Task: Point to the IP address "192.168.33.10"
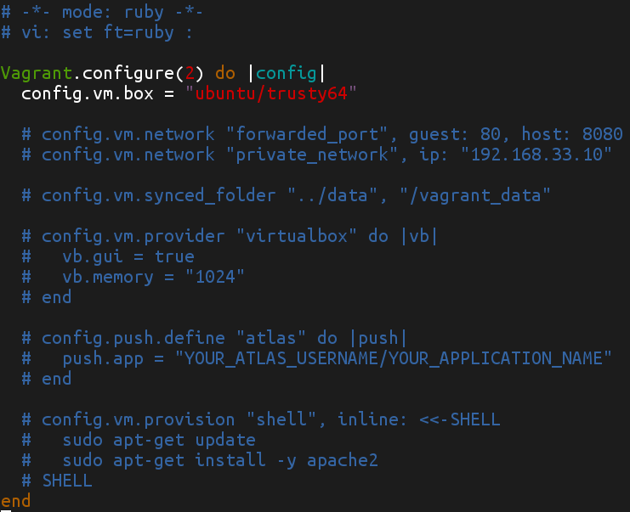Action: [537, 155]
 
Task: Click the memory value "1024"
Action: [216, 277]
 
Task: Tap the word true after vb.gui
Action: [175, 256]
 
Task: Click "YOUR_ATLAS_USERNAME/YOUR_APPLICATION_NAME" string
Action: [394, 358]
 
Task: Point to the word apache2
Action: [343, 460]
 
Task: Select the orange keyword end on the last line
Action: [16, 501]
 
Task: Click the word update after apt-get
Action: [224, 440]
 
